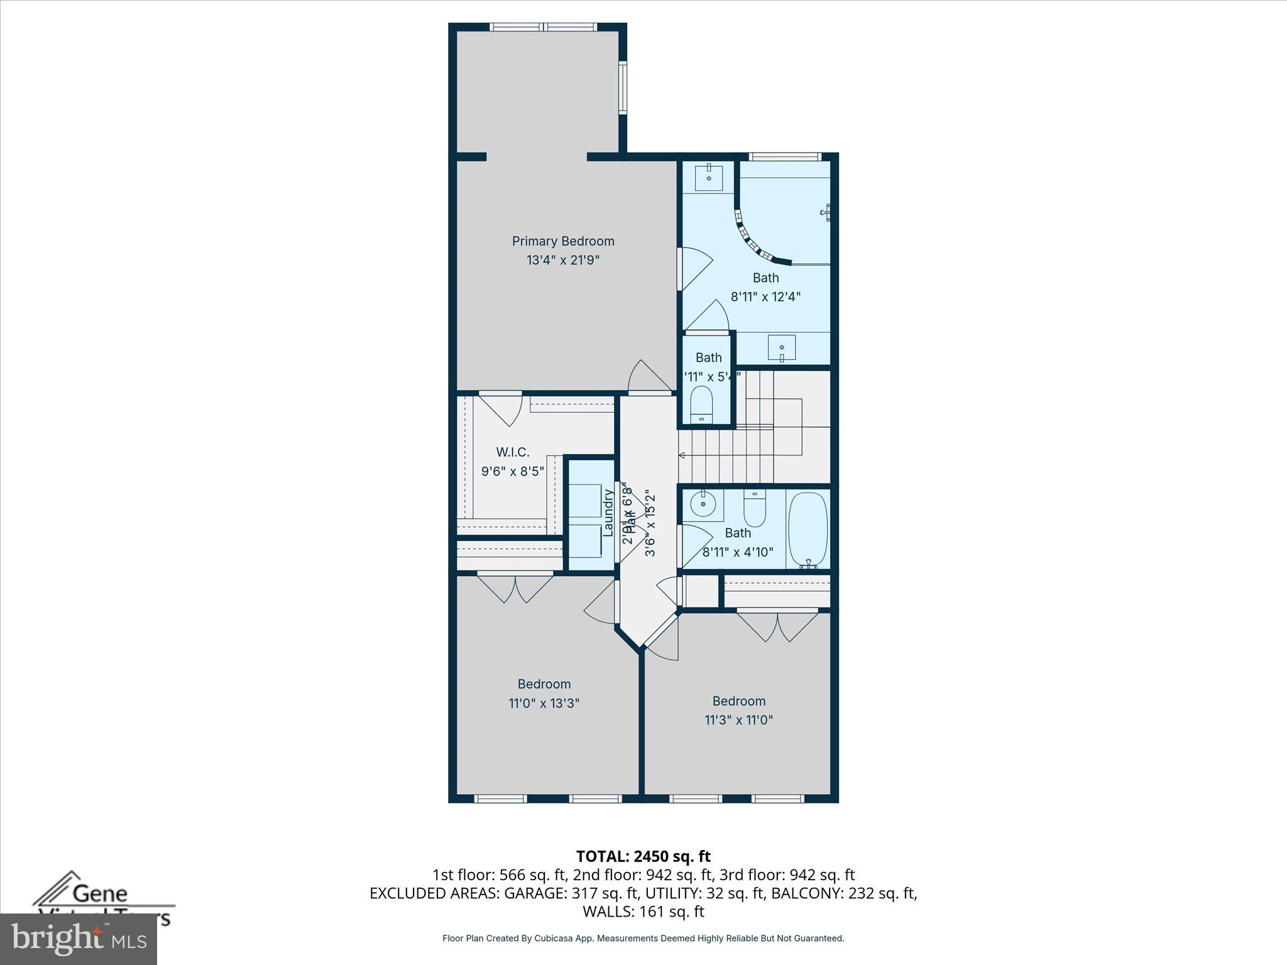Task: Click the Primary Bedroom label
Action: [562, 241]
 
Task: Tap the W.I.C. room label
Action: [512, 452]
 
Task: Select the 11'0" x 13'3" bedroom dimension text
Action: [544, 703]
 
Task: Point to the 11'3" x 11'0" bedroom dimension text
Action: [738, 720]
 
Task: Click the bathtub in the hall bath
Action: [808, 530]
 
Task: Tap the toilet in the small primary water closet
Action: [701, 404]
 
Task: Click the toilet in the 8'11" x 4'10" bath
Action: [754, 509]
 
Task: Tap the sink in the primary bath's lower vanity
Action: [781, 347]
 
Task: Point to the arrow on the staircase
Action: [682, 455]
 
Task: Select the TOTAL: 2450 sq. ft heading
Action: [643, 856]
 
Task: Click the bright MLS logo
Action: [78, 939]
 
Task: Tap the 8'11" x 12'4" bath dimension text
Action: [765, 297]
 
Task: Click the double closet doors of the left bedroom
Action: [515, 588]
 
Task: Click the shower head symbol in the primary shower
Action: [826, 212]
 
